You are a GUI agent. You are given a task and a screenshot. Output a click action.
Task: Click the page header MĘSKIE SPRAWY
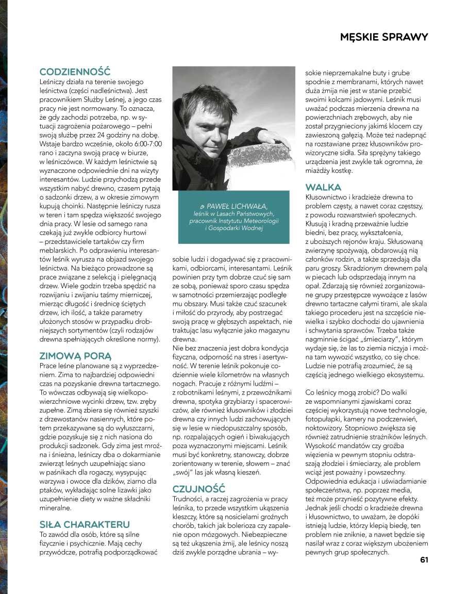coord(384,37)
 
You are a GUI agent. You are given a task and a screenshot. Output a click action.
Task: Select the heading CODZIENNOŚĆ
coord(75,72)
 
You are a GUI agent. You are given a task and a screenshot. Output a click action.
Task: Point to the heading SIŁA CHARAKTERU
coord(85,524)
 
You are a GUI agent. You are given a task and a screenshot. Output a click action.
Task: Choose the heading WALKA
coord(323,187)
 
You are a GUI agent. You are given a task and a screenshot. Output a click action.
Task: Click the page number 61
coord(424,560)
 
